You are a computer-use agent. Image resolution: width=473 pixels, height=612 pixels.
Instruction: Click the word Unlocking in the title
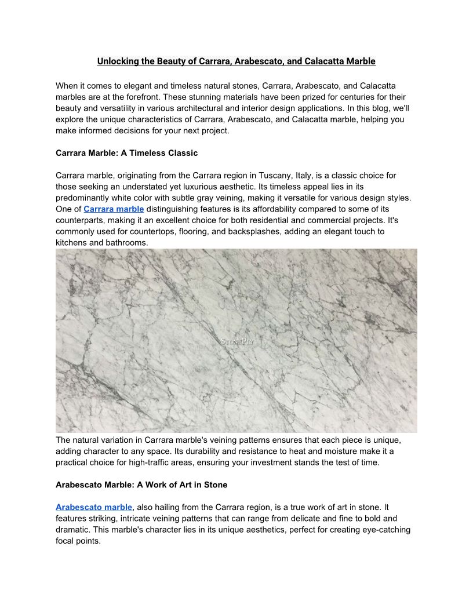coord(115,61)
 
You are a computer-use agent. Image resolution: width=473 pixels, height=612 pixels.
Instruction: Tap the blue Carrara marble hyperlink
coord(114,209)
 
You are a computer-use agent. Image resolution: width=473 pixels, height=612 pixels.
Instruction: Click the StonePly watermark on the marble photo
coord(237,341)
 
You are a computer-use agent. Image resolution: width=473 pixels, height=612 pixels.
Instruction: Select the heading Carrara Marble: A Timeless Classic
coord(126,153)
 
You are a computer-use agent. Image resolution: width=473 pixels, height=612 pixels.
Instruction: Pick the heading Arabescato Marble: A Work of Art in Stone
coord(141,485)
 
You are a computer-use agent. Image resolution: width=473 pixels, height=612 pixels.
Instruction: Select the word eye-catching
coord(377,530)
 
